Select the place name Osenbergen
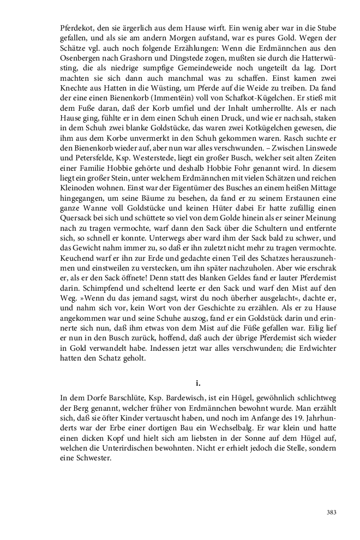click(81, 68)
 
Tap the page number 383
click(331, 512)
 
